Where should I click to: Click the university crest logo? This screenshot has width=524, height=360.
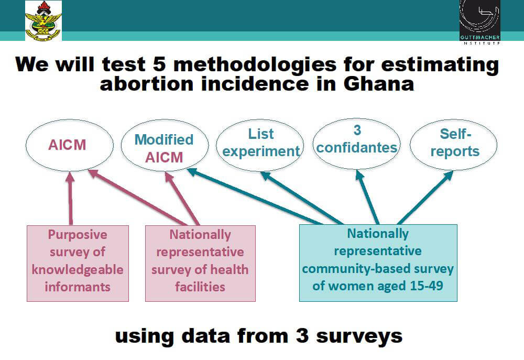pyautogui.click(x=43, y=20)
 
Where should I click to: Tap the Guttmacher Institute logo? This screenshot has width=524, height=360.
pyautogui.click(x=479, y=22)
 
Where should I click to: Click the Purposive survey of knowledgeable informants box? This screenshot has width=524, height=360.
pyautogui.click(x=78, y=264)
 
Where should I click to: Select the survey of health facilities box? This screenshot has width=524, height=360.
pyautogui.click(x=200, y=264)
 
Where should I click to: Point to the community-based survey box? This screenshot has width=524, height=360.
pyautogui.click(x=378, y=263)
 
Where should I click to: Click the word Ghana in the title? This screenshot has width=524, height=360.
pyautogui.click(x=379, y=83)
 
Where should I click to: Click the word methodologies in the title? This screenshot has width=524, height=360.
pyautogui.click(x=255, y=65)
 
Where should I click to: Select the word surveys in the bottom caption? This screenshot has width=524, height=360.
pyautogui.click(x=359, y=337)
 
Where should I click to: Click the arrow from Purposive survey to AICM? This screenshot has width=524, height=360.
pyautogui.click(x=70, y=198)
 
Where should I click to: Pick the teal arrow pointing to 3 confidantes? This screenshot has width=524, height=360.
pyautogui.click(x=367, y=197)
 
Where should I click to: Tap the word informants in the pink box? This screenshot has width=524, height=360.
pyautogui.click(x=78, y=287)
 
